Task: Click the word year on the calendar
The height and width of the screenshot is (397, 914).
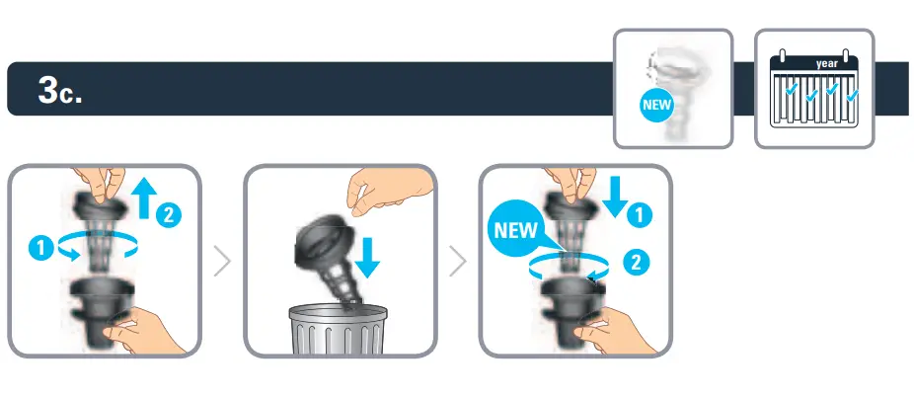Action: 826,64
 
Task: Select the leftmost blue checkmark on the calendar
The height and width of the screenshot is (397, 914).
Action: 791,94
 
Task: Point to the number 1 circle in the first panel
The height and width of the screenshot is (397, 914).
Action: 38,249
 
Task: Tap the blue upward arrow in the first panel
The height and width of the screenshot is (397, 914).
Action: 142,198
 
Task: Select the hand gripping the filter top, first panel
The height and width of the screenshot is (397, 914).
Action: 101,182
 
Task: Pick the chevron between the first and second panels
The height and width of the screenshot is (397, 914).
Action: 222,262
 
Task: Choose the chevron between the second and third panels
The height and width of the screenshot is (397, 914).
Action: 457,262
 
